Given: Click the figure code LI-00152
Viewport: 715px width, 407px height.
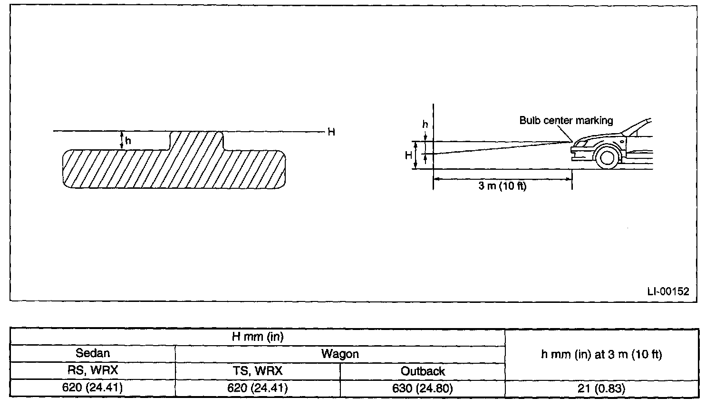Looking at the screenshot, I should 667,291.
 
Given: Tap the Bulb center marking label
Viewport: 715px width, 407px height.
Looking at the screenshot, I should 566,120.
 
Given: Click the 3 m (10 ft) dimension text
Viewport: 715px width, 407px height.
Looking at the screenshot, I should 502,186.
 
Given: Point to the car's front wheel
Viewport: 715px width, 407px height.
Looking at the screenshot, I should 607,156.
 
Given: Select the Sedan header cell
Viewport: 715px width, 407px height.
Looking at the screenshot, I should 93,353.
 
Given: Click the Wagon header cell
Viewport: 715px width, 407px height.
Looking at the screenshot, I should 340,354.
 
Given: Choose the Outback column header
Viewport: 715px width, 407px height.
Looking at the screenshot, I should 423,371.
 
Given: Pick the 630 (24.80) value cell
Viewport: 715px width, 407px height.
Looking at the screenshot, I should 423,388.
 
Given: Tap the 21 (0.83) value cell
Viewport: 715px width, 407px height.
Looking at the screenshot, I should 601,388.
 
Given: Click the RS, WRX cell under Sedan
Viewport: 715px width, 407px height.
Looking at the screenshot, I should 93,371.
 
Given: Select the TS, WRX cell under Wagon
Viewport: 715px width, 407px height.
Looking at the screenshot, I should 258,371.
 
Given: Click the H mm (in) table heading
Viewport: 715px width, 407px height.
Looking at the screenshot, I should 257,337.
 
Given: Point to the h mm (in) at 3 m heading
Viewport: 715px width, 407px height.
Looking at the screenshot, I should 601,354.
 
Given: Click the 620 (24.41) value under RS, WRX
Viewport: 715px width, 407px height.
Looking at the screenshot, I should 93,388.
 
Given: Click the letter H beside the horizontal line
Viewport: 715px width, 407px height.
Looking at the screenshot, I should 331,132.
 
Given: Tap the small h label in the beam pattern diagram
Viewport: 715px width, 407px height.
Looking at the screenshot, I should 128,141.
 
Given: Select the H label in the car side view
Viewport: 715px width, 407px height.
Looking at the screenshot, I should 408,155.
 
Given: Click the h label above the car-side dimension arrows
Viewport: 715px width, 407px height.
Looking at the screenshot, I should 425,125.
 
